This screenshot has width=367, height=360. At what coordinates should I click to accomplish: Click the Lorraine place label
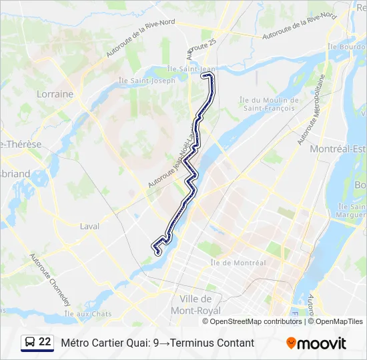click(55, 94)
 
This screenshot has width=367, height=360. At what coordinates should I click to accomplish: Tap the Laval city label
click(89, 226)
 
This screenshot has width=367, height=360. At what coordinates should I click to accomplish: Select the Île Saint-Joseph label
click(147, 81)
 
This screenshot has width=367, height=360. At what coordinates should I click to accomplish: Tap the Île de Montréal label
click(238, 263)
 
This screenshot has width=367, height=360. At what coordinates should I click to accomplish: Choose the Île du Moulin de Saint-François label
click(269, 103)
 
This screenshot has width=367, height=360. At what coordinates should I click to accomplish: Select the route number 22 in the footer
click(45, 342)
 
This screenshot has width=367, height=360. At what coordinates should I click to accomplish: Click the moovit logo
click(316, 343)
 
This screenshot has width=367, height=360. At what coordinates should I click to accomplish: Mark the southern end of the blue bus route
click(158, 252)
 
